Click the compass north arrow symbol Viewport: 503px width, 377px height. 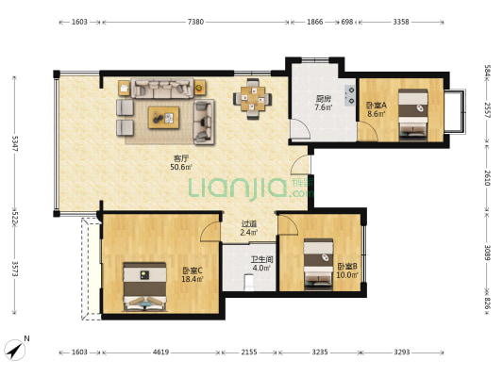(15, 350)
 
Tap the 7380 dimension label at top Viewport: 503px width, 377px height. (195, 22)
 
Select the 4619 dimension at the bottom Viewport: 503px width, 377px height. (160, 352)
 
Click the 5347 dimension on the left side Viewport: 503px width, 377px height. (15, 144)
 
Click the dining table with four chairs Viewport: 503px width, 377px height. (253, 99)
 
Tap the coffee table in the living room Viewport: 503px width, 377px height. (163, 118)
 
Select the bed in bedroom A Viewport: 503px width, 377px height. (412, 115)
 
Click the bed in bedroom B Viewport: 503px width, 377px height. (319, 264)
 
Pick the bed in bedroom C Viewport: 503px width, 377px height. (144, 287)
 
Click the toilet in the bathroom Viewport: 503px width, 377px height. (248, 282)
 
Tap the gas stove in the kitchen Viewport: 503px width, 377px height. (349, 95)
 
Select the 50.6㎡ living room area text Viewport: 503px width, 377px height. (181, 167)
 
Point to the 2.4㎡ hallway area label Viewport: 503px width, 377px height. (248, 232)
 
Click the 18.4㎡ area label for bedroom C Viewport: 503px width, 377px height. (193, 279)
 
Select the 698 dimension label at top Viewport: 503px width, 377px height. (346, 22)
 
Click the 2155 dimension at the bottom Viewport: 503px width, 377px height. (249, 352)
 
